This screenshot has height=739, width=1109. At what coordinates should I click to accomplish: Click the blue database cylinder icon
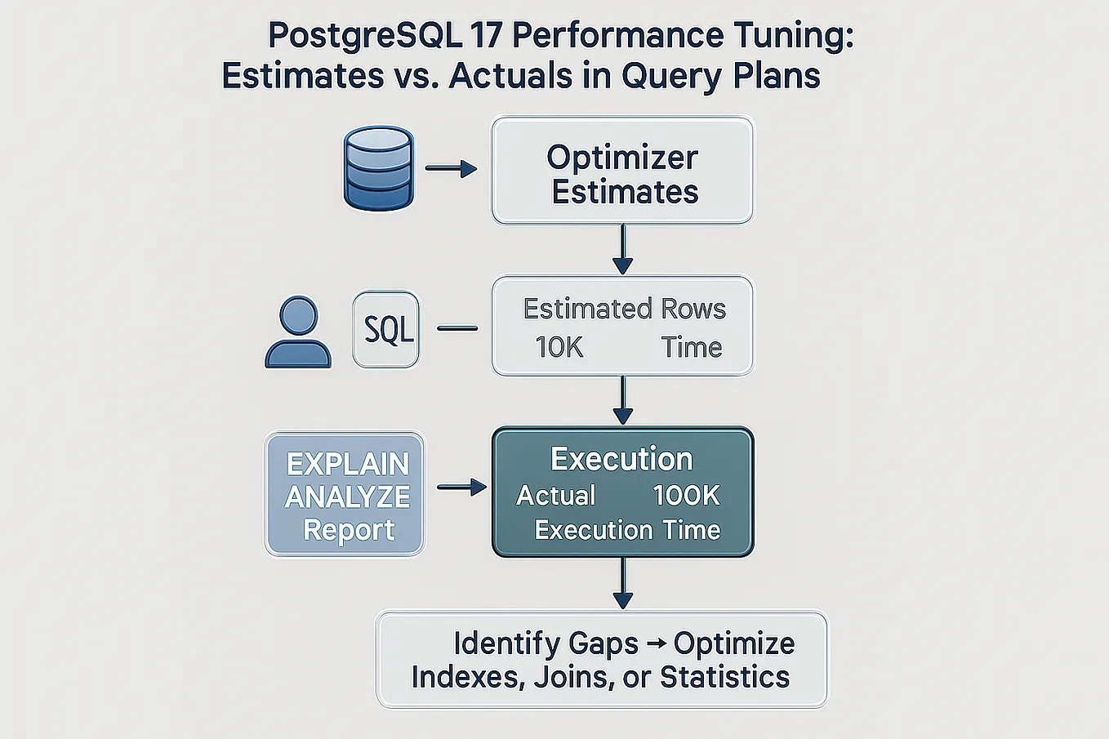pos(378,168)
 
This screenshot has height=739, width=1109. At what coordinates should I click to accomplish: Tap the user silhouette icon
pos(298,332)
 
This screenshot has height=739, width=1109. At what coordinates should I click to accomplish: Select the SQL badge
pos(386,329)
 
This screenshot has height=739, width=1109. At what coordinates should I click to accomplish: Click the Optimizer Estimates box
pos(622,171)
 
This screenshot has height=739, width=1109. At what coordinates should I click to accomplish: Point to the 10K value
pos(559,347)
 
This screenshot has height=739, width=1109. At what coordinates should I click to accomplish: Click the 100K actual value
pos(686,495)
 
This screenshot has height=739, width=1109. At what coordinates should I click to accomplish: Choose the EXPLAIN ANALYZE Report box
pos(345,495)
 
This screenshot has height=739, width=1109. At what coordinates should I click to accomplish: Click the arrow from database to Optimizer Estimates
pos(451,169)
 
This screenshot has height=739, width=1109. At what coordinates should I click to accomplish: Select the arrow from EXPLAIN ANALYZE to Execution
pos(461,487)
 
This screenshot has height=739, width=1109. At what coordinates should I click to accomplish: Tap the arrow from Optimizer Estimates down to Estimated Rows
pos(622,249)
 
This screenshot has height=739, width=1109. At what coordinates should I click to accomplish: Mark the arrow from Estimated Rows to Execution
pos(622,400)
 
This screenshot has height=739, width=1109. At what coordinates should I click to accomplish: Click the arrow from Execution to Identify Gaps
pos(622,583)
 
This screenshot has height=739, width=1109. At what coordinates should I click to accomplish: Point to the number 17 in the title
pos(486,37)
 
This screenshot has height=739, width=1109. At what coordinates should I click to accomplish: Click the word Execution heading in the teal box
pos(621,459)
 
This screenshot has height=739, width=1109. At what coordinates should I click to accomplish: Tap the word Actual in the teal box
pos(555,496)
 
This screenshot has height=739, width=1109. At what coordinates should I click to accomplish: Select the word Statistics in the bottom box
pos(724,677)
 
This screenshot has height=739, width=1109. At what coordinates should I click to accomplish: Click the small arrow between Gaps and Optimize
pos(656,643)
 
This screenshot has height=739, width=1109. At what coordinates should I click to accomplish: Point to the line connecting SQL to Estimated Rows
pos(457,328)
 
